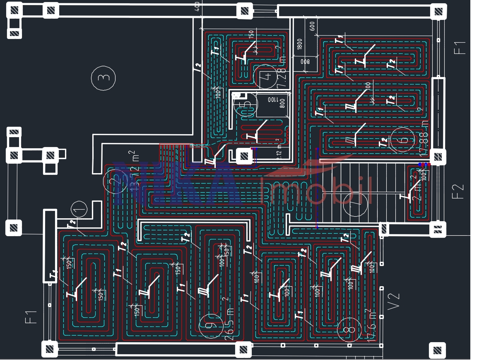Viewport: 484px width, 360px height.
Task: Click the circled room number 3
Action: [104, 77]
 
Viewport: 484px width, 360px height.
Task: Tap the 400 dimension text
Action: [197, 6]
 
